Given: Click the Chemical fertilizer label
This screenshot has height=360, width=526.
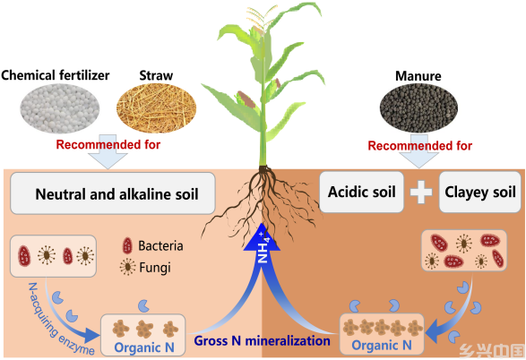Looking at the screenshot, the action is tap(56, 75).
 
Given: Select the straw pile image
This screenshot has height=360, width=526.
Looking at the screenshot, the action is tap(156, 108).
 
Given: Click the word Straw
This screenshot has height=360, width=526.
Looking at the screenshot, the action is tap(156, 75).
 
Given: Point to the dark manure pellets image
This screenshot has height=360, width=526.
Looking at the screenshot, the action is tap(418, 107).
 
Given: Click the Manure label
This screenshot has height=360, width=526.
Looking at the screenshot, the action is tap(418, 76).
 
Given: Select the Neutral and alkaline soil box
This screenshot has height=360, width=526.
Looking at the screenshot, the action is tap(113, 193).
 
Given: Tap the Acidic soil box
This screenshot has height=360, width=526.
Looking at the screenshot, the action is tap(361, 192).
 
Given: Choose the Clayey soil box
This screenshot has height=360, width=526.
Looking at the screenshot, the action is tap(480, 192).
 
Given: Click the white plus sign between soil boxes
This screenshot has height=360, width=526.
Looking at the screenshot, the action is tap(421, 193).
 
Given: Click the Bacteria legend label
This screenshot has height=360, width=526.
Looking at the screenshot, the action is tap(160, 246).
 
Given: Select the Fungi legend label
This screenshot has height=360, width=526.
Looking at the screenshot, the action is tap(155, 268).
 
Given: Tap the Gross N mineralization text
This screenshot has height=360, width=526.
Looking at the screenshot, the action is tap(263, 341).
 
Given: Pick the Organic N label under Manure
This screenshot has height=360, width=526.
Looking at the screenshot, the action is tap(382, 345).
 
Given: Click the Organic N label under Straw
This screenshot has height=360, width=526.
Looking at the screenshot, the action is tap(144, 347).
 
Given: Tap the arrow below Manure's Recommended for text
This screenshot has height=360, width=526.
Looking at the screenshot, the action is tap(419, 151).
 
